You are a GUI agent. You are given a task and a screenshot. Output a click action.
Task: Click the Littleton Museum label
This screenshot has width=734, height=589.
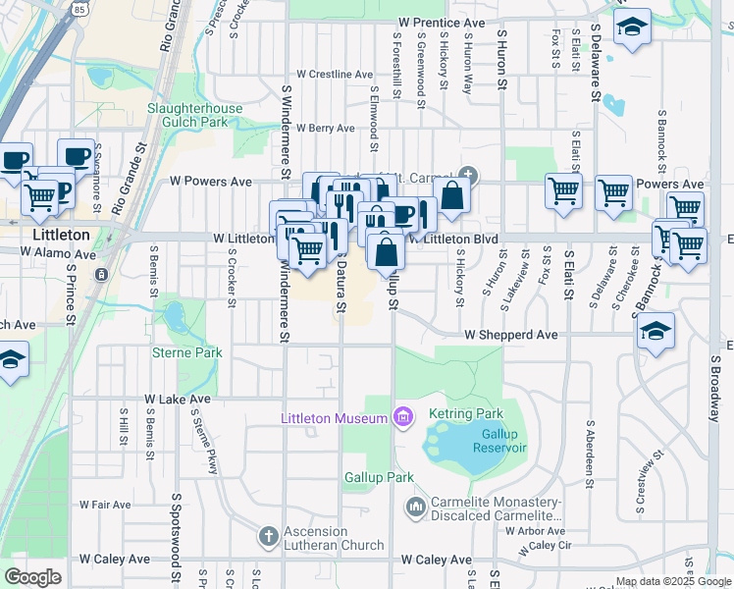(333, 419)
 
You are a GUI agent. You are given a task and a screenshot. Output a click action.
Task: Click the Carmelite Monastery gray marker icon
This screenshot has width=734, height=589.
(414, 507)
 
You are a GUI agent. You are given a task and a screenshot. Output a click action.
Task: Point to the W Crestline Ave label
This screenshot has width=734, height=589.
(334, 74)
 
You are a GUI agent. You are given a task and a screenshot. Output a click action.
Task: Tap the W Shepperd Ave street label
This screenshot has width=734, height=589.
(510, 335)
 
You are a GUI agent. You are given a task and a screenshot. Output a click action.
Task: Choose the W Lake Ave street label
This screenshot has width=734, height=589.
(178, 400)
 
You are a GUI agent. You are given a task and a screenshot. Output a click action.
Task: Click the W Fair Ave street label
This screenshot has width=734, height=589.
(105, 505)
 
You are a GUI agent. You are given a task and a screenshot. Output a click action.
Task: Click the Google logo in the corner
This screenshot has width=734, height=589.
(32, 576)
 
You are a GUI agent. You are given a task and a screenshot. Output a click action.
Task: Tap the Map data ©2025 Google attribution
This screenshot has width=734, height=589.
(672, 581)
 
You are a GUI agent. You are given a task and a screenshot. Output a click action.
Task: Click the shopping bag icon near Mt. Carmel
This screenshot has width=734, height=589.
(452, 195)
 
